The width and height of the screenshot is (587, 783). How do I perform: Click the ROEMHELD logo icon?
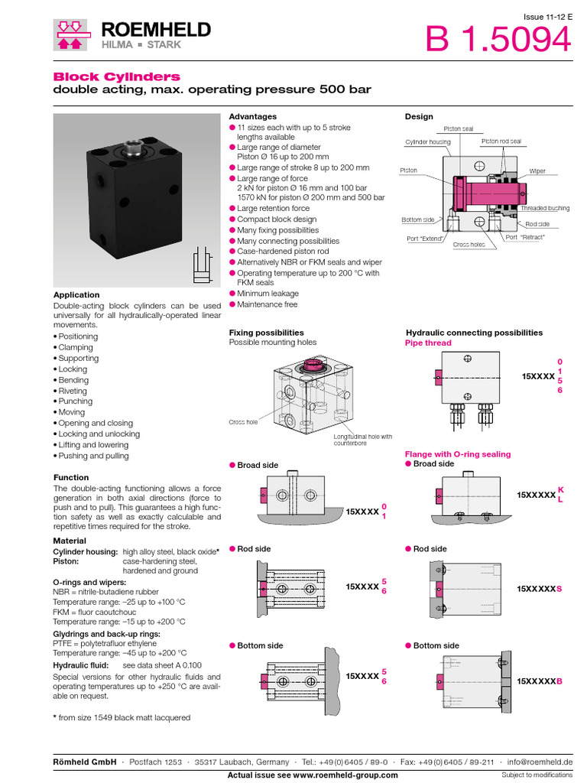point(70,35)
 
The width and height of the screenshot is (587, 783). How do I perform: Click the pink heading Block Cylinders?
point(116,76)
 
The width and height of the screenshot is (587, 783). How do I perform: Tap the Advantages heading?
point(253,116)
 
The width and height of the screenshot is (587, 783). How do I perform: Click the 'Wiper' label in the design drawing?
point(537,171)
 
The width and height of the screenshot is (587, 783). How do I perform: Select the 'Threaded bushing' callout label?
point(544,209)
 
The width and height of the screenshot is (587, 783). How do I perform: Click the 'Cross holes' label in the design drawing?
point(469,245)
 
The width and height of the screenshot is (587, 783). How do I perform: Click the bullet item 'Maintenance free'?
point(268,304)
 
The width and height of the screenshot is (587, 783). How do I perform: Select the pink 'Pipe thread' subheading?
point(428,343)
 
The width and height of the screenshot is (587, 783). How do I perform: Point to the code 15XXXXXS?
point(539,589)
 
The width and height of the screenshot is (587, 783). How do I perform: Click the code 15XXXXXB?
point(539,681)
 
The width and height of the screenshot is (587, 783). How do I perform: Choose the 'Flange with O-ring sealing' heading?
point(458,454)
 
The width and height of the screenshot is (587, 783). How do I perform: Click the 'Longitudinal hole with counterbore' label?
point(362,440)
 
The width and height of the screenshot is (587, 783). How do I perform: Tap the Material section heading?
point(70,541)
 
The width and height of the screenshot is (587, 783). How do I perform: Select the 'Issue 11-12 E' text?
point(546,17)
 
